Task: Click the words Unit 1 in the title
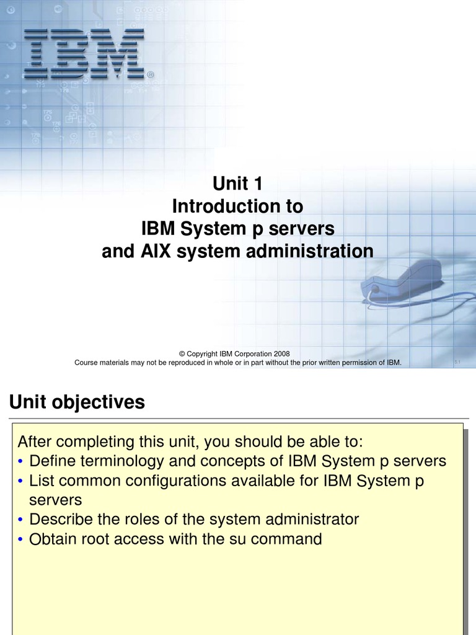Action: click(238, 184)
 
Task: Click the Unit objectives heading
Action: click(77, 402)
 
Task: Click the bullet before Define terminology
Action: click(22, 462)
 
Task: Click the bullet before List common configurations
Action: click(22, 481)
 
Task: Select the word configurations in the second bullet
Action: click(190, 481)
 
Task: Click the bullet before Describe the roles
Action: click(22, 520)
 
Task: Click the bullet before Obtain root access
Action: click(22, 540)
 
